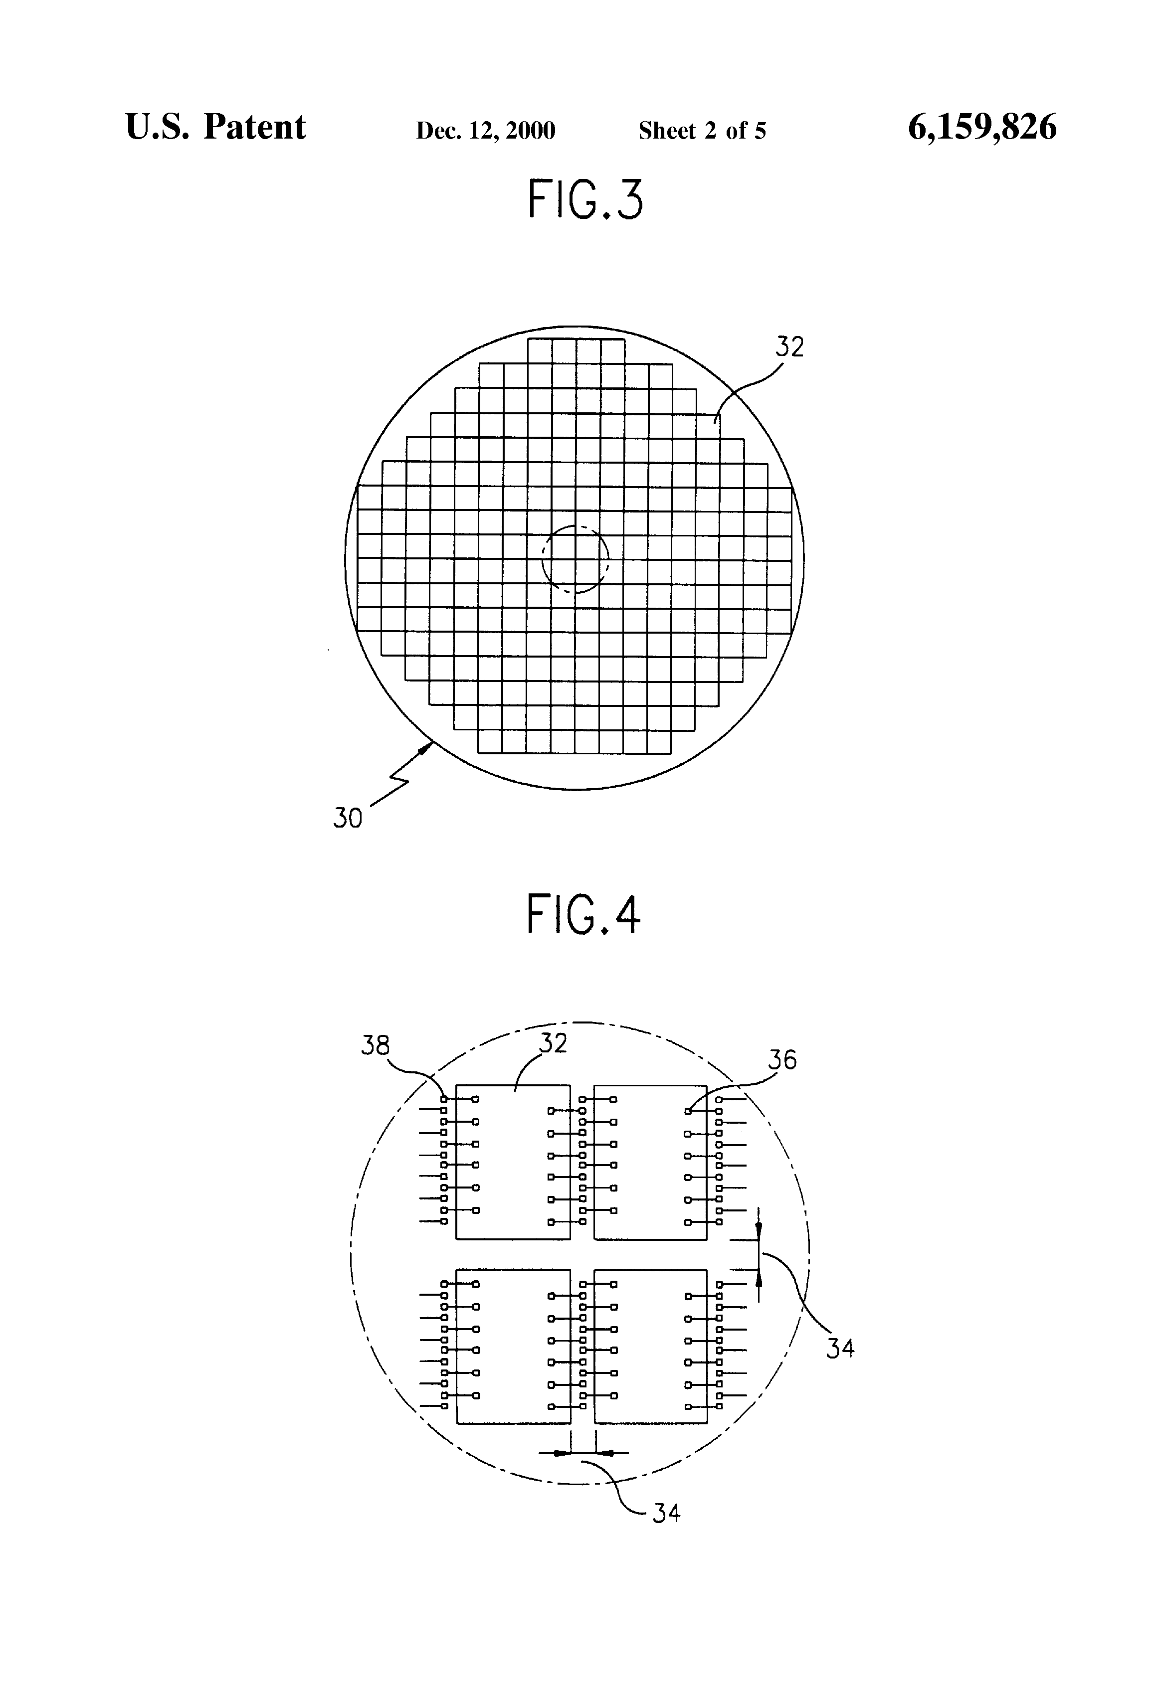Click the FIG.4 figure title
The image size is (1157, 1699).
coord(583,914)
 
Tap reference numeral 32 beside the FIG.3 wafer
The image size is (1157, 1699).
coord(789,346)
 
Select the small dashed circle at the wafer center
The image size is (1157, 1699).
coord(575,559)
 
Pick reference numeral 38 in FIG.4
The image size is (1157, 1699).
coord(375,1045)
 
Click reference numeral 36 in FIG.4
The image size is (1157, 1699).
coord(782,1059)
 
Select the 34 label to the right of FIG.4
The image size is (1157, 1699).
coord(840,1348)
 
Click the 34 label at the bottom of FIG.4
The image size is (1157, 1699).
coord(666,1513)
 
